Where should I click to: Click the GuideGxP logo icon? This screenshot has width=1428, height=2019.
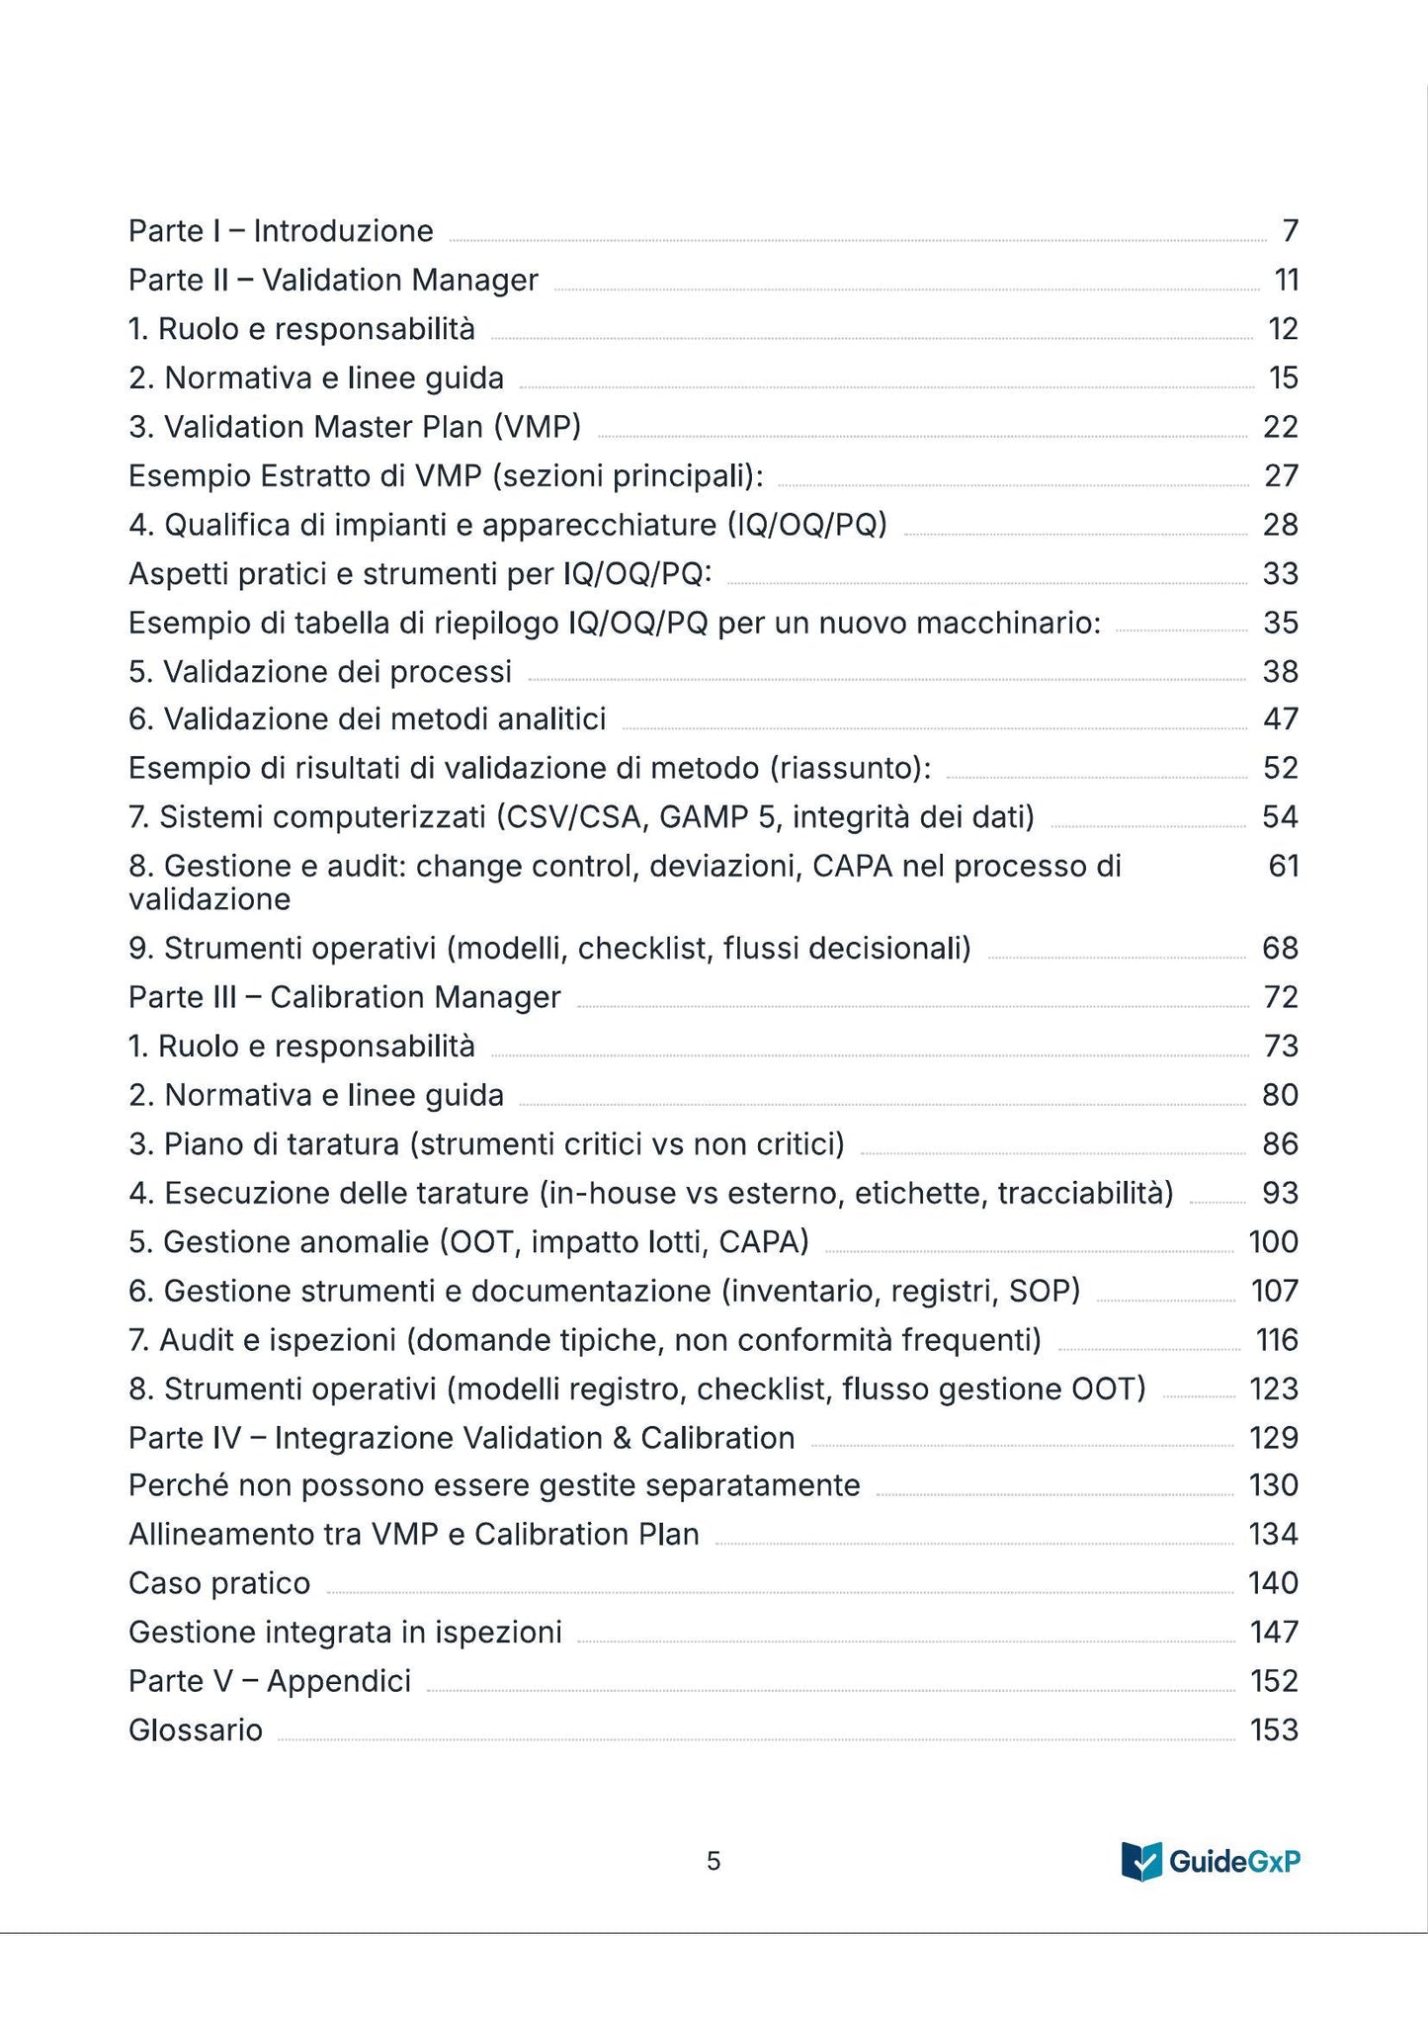coord(1141,1861)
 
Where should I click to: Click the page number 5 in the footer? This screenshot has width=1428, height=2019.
coord(714,1862)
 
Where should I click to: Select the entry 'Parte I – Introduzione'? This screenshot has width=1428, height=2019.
coord(281,231)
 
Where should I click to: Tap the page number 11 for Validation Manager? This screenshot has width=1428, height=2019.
coord(1286,281)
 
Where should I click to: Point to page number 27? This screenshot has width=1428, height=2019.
coord(1281,476)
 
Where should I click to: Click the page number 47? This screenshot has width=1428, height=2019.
coord(1281,719)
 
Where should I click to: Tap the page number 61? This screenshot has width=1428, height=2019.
coord(1283,867)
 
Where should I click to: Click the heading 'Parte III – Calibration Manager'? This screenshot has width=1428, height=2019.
coord(345,997)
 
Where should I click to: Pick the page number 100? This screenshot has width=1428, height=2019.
coord(1273,1242)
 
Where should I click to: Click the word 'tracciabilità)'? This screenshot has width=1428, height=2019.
coord(1085,1194)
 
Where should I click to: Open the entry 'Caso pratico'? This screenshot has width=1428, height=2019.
coord(219,1583)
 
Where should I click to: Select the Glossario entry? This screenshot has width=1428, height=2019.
coord(196,1730)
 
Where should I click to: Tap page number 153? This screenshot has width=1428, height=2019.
coord(1273,1730)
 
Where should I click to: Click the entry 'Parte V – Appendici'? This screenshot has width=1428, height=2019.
coord(270,1681)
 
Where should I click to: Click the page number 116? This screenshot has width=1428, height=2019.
coord(1276,1340)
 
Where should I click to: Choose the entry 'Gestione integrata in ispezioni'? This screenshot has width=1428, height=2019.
coord(345,1632)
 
